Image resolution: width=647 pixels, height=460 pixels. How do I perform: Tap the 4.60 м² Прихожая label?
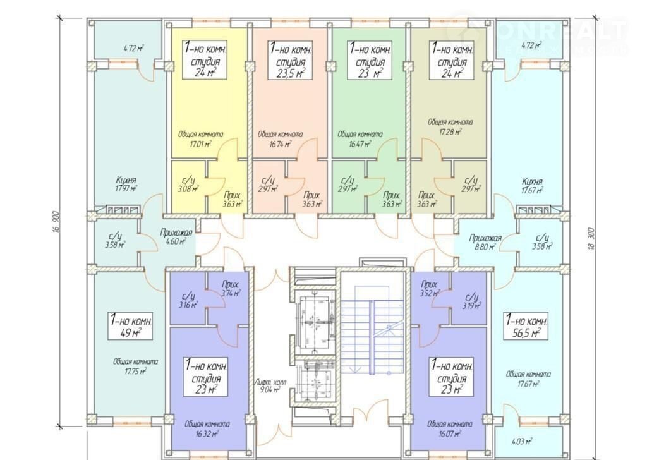pos(171,237)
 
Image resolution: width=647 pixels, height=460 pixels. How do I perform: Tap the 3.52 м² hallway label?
pos(428,289)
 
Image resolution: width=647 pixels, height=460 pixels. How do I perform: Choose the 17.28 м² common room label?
pos(449,126)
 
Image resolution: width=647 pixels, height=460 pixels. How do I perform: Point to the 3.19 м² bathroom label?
pos(471,302)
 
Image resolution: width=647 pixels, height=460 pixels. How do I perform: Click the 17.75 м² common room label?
pos(135,366)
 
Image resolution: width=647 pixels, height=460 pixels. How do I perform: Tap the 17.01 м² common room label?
pos(200,138)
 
